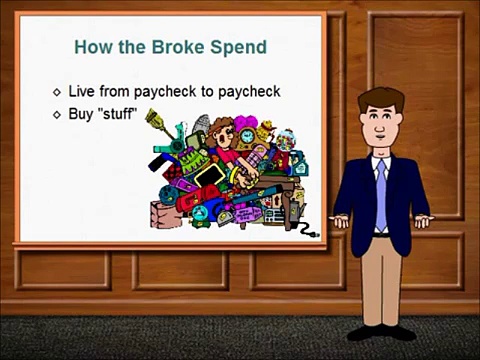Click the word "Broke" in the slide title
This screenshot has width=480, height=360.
click(x=166, y=47)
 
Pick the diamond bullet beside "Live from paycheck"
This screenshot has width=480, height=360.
click(x=57, y=92)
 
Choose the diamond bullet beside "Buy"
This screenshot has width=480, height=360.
click(x=57, y=114)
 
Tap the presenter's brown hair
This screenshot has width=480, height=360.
click(x=381, y=99)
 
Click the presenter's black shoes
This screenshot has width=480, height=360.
click(x=381, y=331)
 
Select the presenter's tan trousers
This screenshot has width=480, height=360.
click(x=381, y=275)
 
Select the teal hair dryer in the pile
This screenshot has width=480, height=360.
click(x=181, y=140)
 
